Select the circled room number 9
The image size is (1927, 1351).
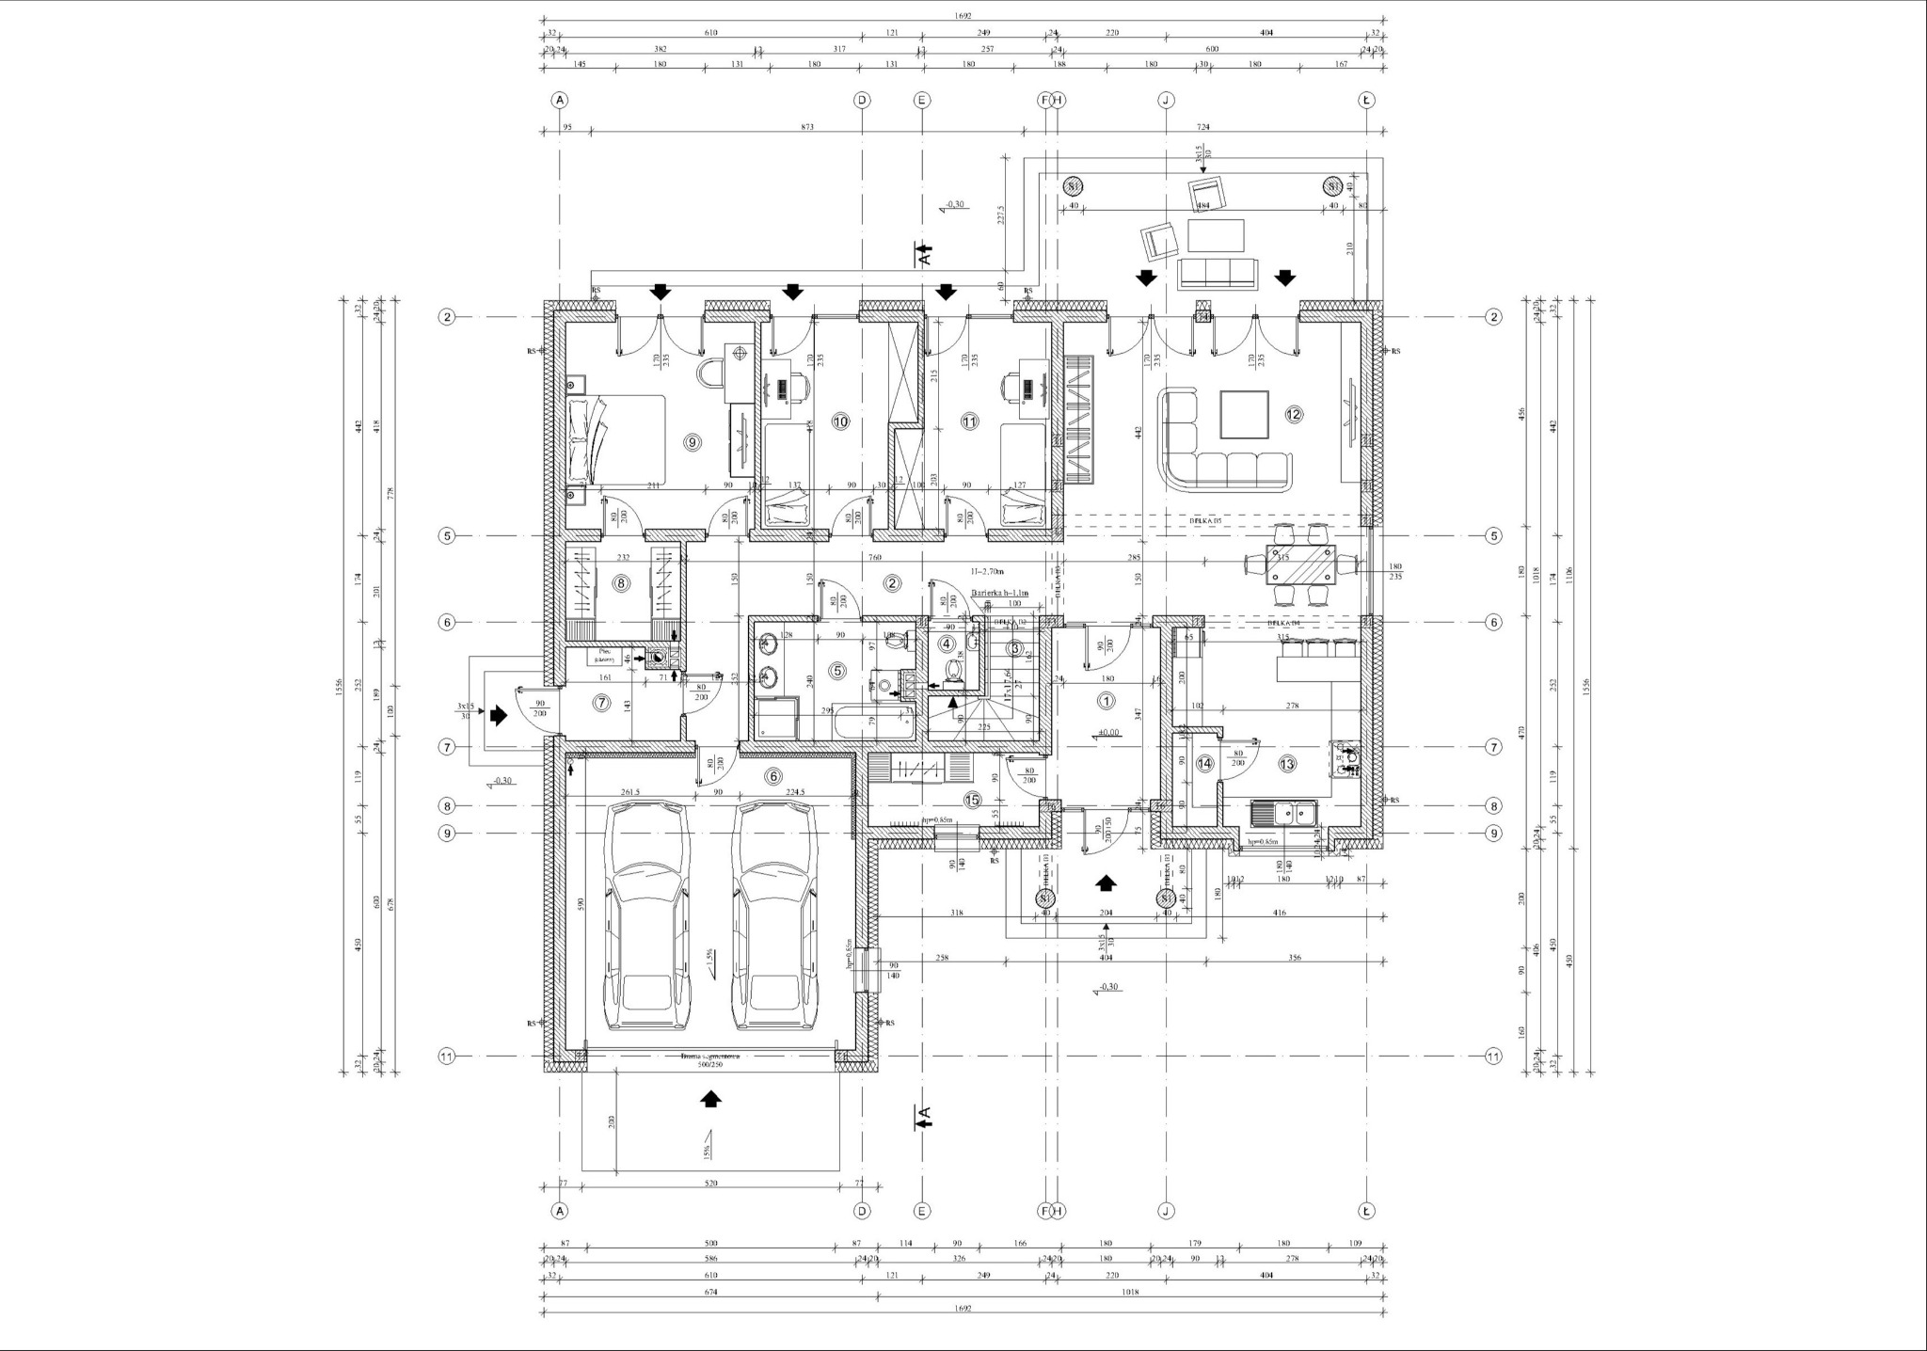pos(693,441)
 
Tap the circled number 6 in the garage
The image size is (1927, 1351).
pos(773,776)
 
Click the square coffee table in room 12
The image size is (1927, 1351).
pos(1246,415)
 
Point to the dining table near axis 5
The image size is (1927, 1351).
pos(1301,565)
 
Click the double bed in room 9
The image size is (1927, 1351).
pos(617,438)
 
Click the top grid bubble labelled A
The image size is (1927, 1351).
pos(560,100)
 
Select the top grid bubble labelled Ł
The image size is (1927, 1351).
pos(1366,100)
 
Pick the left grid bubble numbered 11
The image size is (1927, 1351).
pos(448,1057)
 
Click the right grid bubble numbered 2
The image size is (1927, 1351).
pos(1493,317)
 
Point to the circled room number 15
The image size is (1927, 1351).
pos(972,800)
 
